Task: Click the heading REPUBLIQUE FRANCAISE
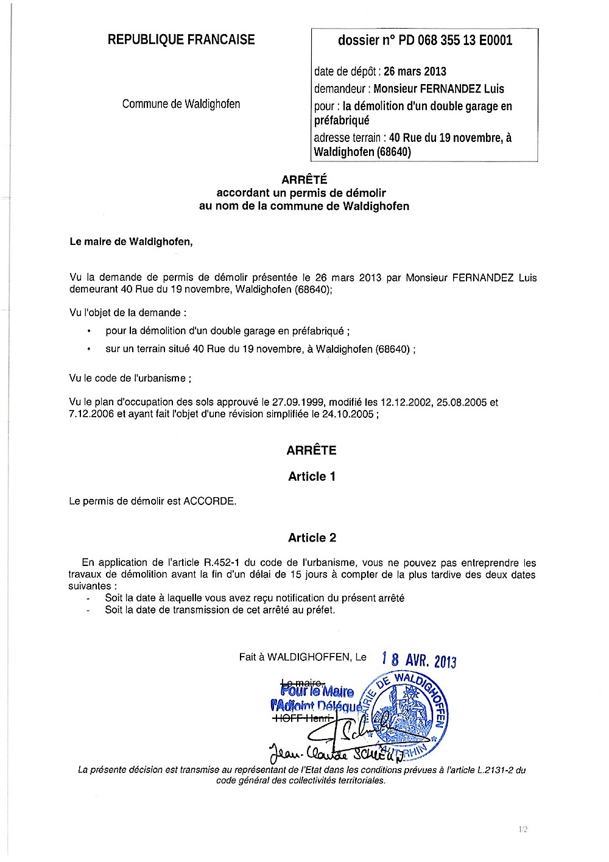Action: pyautogui.click(x=181, y=40)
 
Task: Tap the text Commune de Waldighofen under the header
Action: pyautogui.click(x=181, y=104)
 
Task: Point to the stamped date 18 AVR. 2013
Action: pyautogui.click(x=419, y=660)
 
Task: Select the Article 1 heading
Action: pyautogui.click(x=312, y=477)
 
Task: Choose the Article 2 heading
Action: pyautogui.click(x=312, y=538)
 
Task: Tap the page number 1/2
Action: pyautogui.click(x=523, y=829)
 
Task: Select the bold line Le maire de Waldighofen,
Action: pyautogui.click(x=131, y=242)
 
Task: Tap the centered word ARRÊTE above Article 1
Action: pyautogui.click(x=311, y=451)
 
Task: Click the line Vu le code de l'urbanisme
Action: pyautogui.click(x=130, y=378)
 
